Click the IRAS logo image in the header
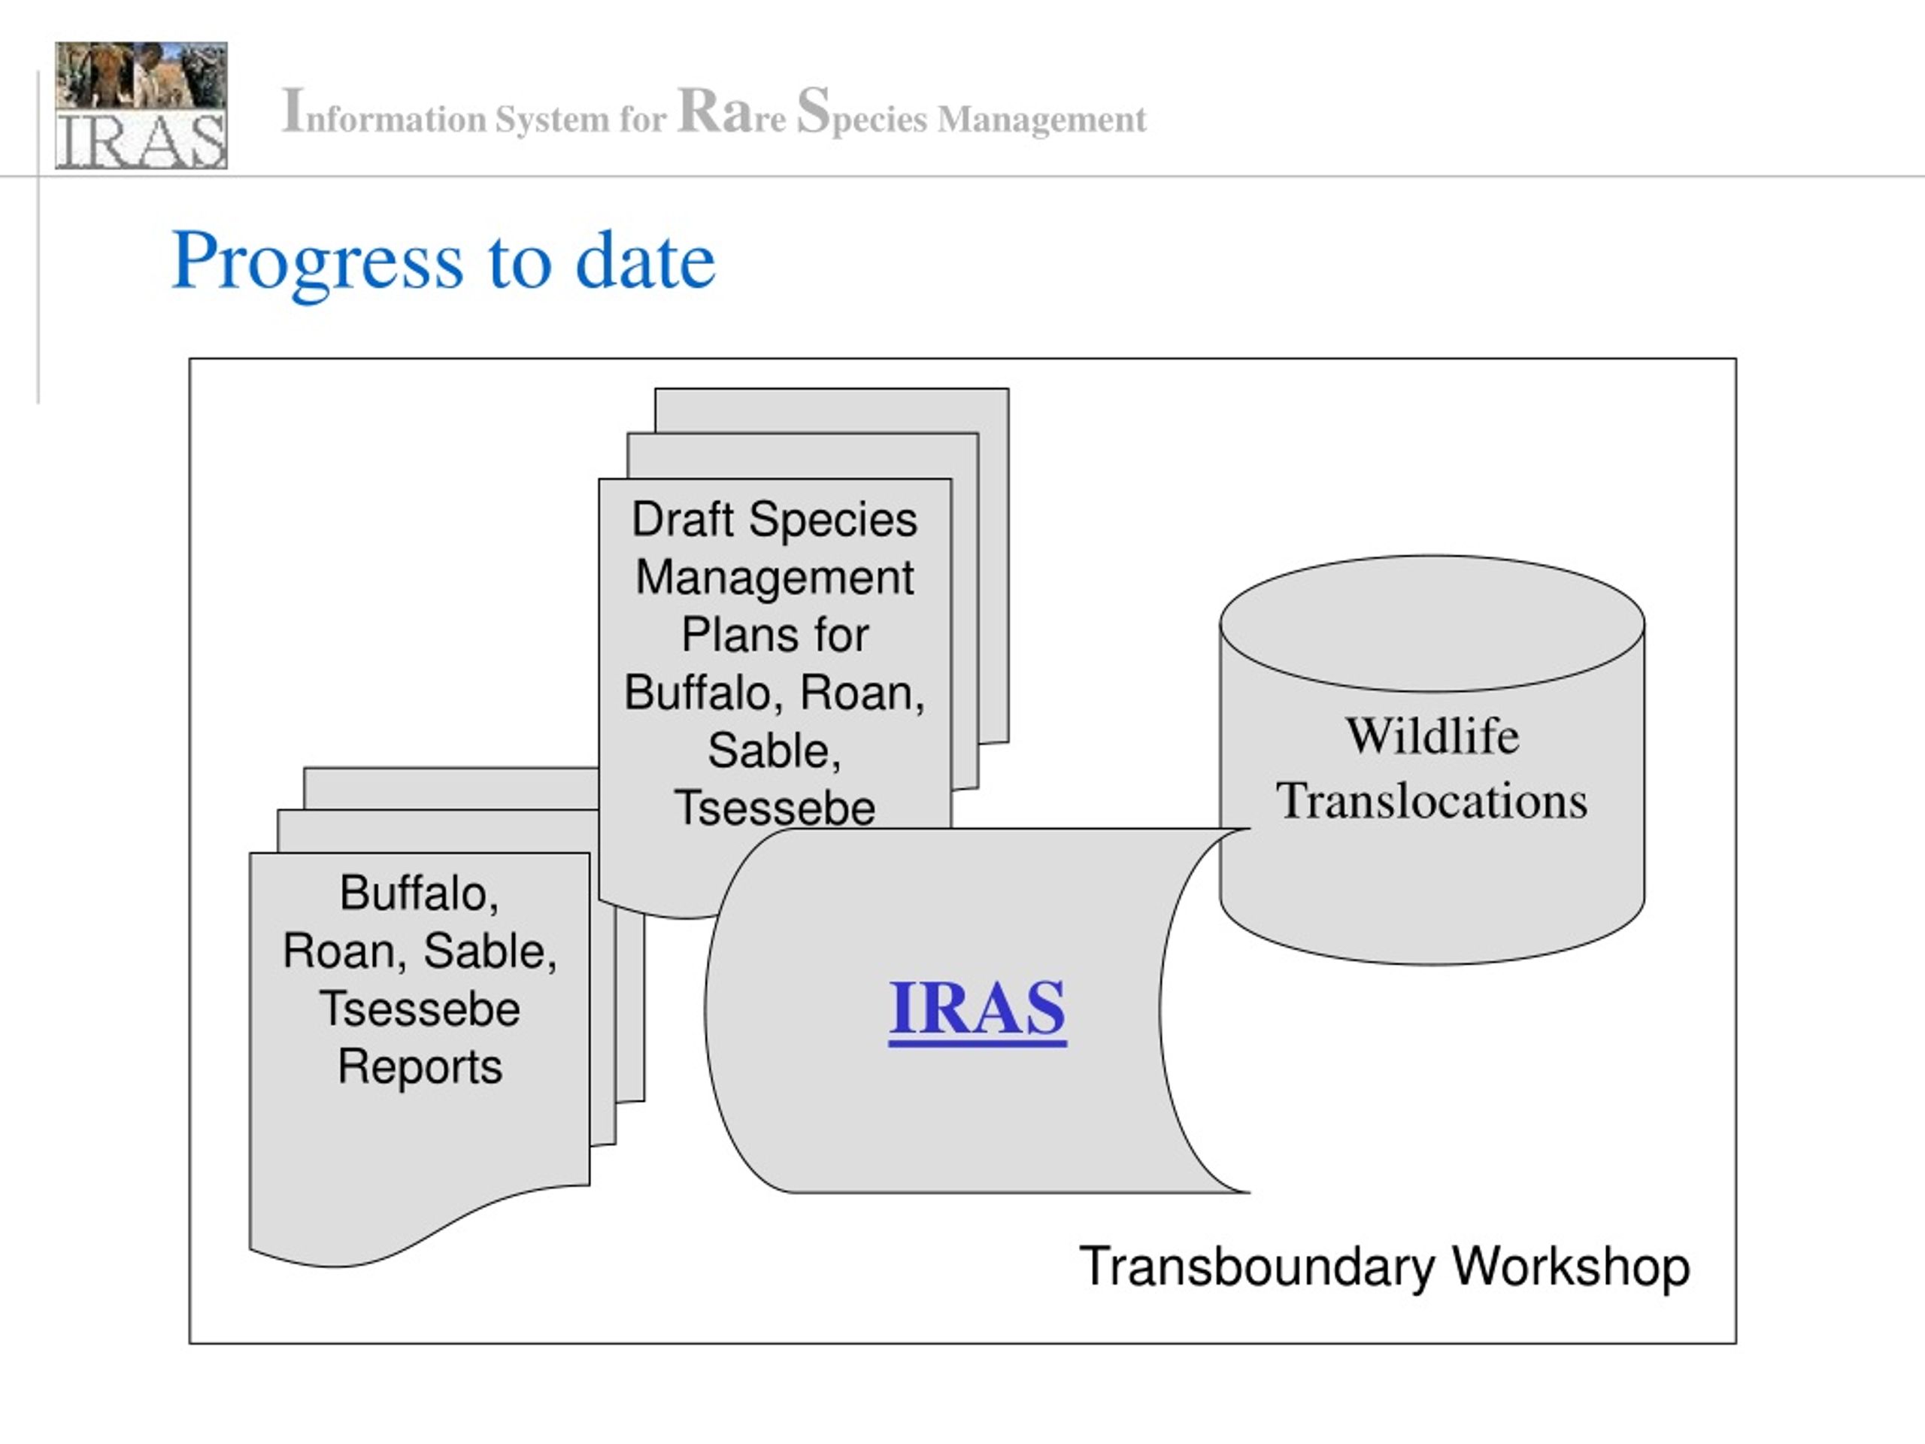point(141,105)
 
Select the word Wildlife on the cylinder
point(1432,736)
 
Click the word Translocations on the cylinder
point(1432,800)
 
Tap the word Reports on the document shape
point(420,1067)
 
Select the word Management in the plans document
point(775,578)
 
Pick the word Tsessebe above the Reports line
point(420,1009)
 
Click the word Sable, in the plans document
point(775,751)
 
